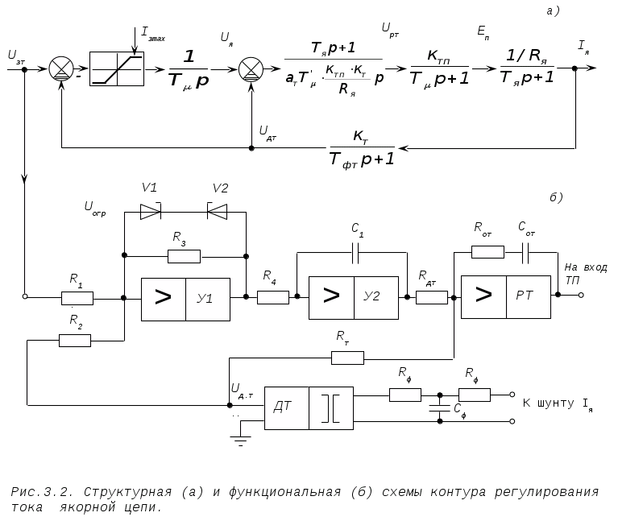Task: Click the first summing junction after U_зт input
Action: [60, 68]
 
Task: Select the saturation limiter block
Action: [116, 68]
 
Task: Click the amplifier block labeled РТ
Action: [507, 296]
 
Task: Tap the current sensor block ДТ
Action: [309, 409]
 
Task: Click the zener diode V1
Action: [151, 212]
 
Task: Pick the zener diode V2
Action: [218, 212]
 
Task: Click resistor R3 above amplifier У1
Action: [185, 256]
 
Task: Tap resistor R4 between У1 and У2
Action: [273, 297]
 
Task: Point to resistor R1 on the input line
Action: [77, 297]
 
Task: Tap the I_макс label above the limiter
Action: [153, 34]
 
